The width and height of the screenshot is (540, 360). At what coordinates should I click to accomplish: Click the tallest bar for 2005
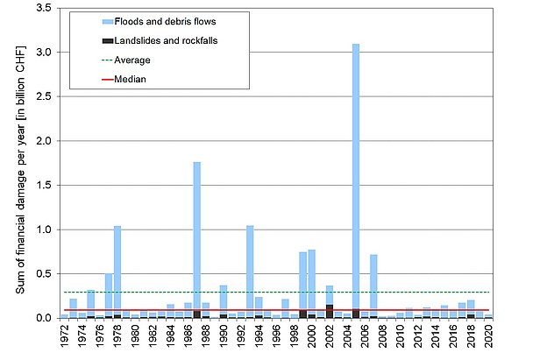click(356, 175)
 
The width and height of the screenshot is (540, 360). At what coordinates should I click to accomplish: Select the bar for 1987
click(197, 236)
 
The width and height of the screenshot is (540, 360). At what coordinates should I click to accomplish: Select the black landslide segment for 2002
click(330, 311)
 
